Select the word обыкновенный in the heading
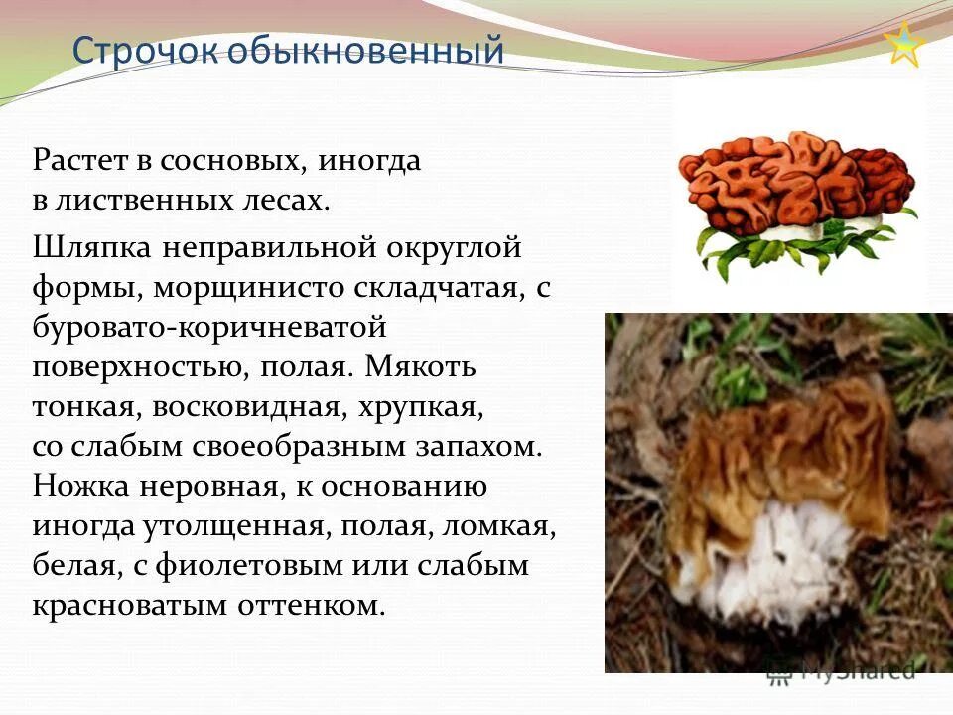[366, 50]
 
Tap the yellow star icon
[904, 45]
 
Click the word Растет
[77, 160]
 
